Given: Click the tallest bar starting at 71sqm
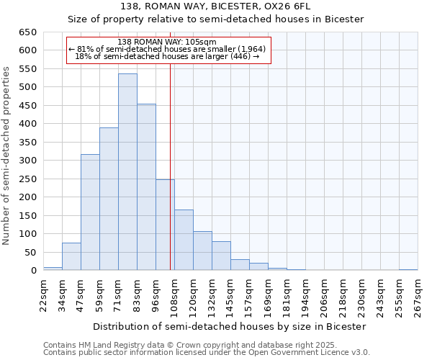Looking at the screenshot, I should tap(127, 172).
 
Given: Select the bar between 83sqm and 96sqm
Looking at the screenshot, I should tap(146, 187).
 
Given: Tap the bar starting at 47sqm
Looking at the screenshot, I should tap(90, 212).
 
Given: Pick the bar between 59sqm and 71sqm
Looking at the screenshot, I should tap(109, 199).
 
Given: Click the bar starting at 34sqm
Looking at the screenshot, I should tap(71, 256).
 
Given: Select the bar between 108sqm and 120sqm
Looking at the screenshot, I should tap(184, 240).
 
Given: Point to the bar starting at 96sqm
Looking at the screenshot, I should tap(165, 225).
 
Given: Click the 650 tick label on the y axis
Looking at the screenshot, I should tap(27, 32).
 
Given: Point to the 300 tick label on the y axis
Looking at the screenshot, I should tap(27, 161).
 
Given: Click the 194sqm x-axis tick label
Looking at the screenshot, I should tap(305, 295).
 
